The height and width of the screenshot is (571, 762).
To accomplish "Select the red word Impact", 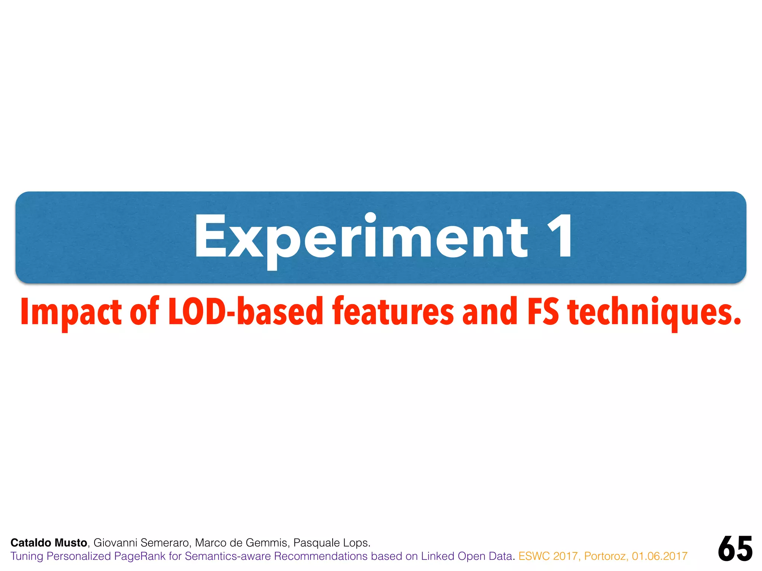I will point(71,312).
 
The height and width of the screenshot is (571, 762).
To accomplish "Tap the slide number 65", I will point(735,549).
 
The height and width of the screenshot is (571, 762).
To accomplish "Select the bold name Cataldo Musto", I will point(49,543).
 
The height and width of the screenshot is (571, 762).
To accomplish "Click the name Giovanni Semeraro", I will point(142,543).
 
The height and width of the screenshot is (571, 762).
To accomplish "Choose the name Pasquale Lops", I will point(332,543).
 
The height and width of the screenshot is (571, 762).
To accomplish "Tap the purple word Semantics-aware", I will point(228,557).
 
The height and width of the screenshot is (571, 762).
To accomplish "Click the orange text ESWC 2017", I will point(548,557).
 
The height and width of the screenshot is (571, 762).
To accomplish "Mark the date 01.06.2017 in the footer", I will point(659,557).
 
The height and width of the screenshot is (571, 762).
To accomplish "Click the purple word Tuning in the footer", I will point(27,557).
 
